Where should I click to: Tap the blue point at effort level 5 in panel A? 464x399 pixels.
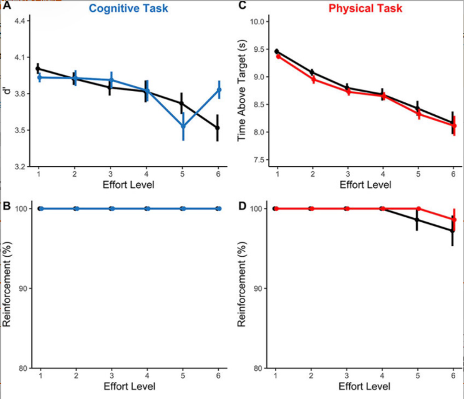(x=183, y=127)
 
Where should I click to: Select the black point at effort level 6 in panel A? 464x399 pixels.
(x=219, y=128)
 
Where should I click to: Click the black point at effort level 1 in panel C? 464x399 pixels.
(x=276, y=51)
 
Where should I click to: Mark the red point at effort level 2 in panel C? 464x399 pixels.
(x=312, y=79)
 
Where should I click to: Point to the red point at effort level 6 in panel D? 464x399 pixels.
(x=454, y=219)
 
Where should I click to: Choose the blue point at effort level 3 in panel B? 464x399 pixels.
(x=112, y=209)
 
